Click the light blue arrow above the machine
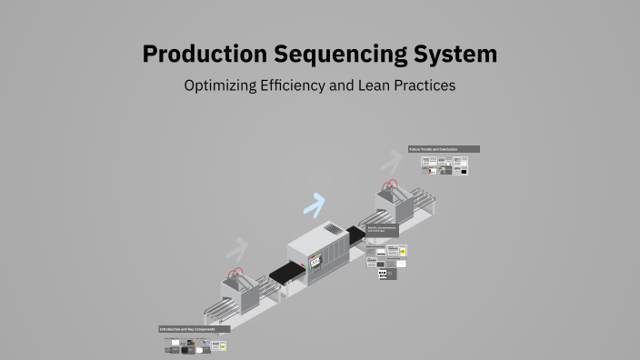[315, 205]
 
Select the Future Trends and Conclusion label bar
[444, 149]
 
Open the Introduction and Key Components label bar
[194, 329]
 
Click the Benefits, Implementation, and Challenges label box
[382, 230]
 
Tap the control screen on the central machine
[315, 262]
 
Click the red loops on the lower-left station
[235, 272]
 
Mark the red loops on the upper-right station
[391, 185]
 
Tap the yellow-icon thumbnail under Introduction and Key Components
[221, 345]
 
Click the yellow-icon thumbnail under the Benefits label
[393, 249]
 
